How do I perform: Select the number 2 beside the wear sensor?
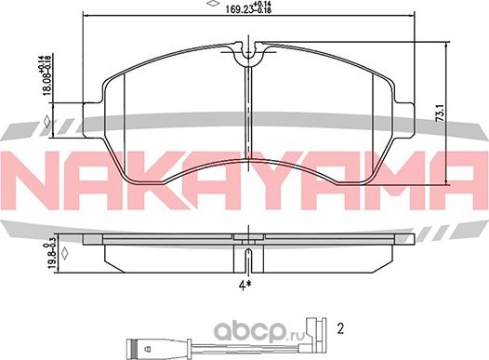coord(340,328)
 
